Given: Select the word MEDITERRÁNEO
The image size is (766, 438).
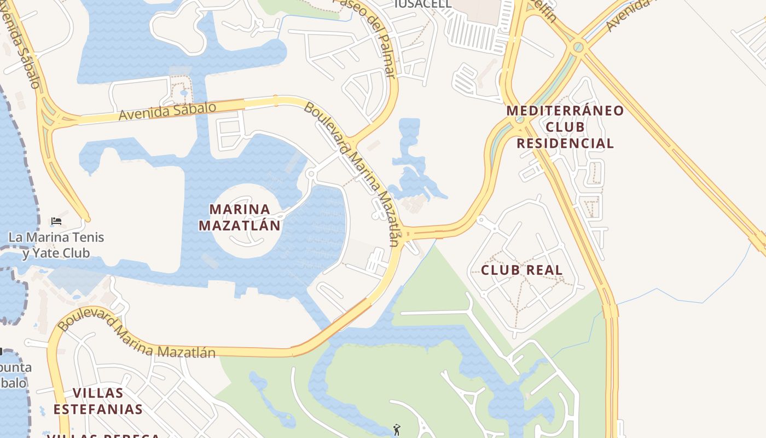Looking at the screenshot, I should (565, 111).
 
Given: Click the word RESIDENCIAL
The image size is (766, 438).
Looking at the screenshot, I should (565, 143).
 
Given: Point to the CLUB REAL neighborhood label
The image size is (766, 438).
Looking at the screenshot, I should (521, 270).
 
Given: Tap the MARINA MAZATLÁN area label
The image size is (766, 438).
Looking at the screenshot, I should (240, 217).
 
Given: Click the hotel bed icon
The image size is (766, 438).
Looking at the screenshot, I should (56, 221).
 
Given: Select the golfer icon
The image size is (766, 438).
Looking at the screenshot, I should (397, 430).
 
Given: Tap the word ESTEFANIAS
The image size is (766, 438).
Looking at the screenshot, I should (98, 410).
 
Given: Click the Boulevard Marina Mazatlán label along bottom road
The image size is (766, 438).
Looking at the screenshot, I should (137, 337).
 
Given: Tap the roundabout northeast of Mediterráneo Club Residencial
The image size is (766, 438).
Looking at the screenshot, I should (577, 48).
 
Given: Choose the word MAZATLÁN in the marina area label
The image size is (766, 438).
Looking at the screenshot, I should (240, 226).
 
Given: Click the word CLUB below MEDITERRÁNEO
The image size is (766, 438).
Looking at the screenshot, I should (565, 127).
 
